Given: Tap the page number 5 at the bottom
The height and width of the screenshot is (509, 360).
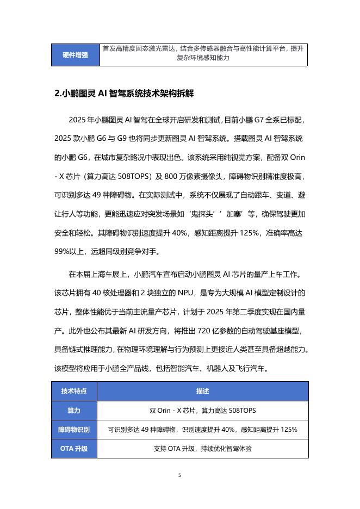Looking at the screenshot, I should [x=180, y=475].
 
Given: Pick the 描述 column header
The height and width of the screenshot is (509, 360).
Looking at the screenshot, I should [x=203, y=391].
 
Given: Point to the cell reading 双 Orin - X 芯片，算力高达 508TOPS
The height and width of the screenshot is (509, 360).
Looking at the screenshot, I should [x=203, y=410].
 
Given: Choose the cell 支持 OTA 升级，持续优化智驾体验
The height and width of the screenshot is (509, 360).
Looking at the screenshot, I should [x=203, y=449].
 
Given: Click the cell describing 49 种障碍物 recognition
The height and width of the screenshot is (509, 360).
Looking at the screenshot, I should [x=203, y=430].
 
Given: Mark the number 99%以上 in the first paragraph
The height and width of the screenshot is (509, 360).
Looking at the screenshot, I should [x=71, y=252].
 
